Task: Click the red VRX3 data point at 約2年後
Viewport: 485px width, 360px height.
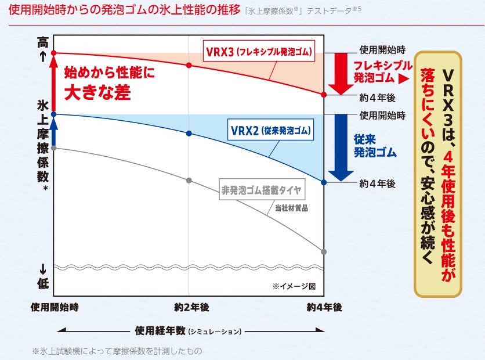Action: tap(189, 65)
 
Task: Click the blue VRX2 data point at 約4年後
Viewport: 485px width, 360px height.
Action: tap(324, 182)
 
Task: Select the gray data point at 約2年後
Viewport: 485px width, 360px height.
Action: tap(189, 180)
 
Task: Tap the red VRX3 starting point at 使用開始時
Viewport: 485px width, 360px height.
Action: tap(53, 53)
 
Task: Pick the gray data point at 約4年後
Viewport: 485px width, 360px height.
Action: tap(324, 251)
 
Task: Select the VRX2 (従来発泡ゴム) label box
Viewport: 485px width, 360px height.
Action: tap(269, 131)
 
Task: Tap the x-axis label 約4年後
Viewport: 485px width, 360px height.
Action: tap(324, 307)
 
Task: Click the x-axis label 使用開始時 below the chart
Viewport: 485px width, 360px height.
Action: tap(55, 307)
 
